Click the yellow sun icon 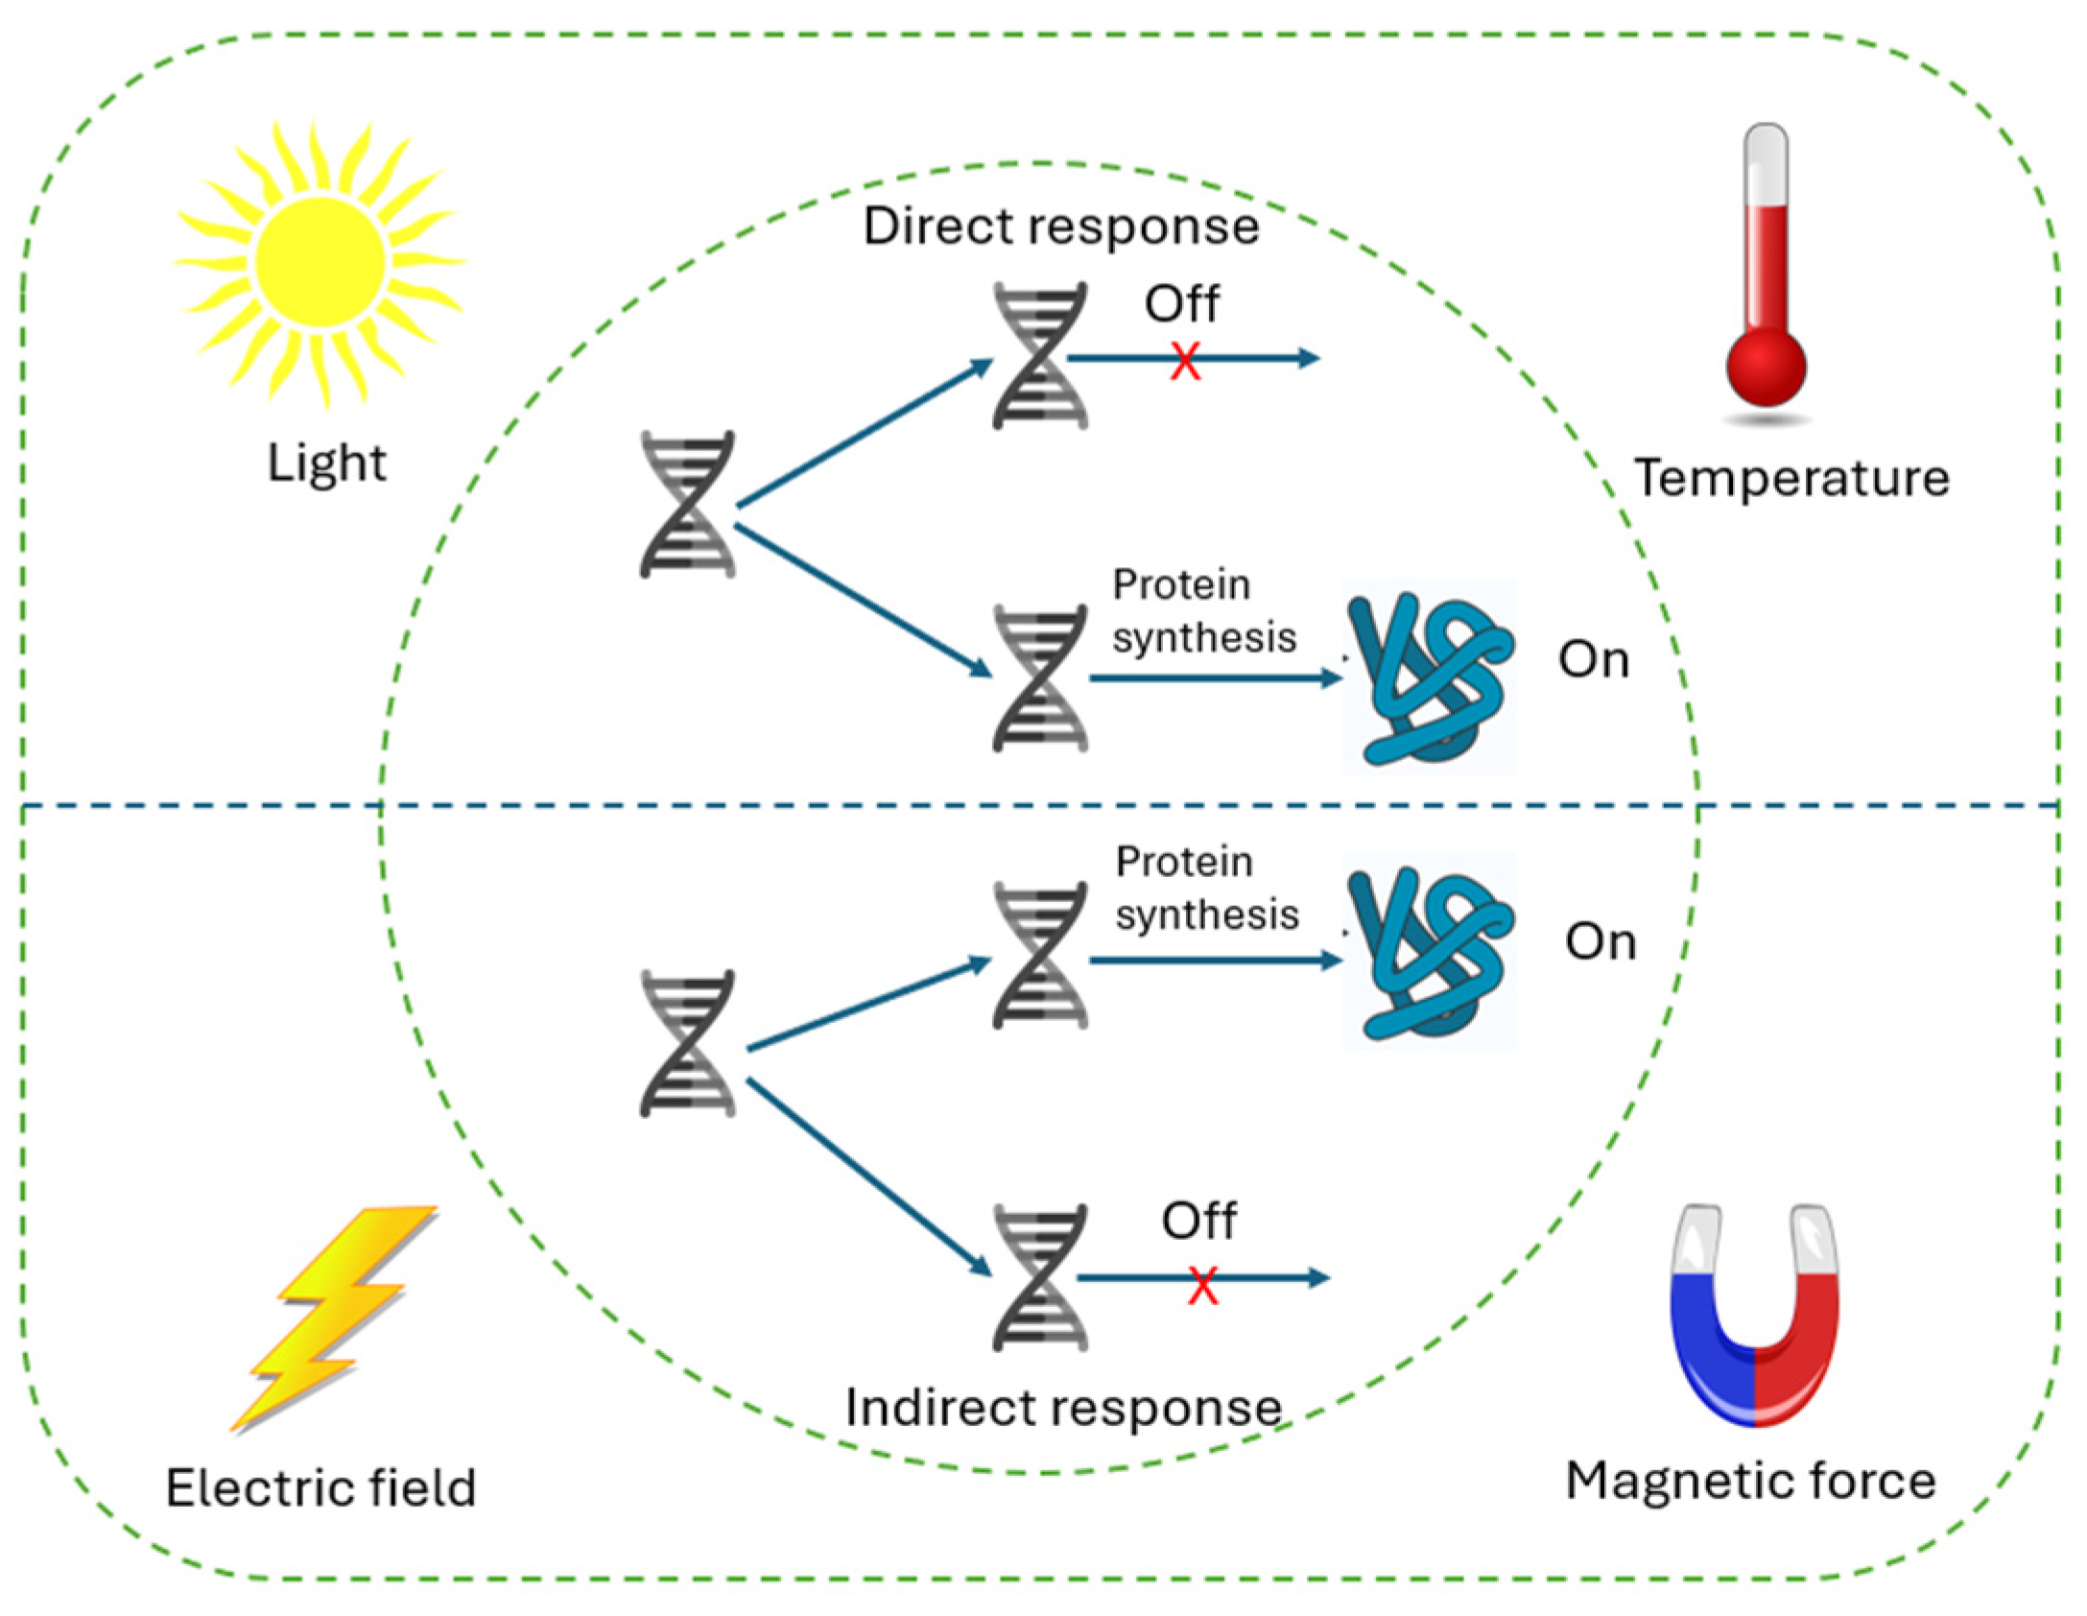coord(320,261)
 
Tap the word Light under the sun coord(326,463)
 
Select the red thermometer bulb coord(1766,367)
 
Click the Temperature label coord(1791,478)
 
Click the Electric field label coord(320,1488)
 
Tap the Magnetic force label coord(1750,1481)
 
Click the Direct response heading coord(1060,226)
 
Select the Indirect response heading coord(1063,1408)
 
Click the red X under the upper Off coord(1185,362)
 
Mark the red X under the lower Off coord(1202,1286)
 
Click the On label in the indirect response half coord(1601,941)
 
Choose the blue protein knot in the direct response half coord(1430,677)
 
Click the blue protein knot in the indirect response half coord(1430,952)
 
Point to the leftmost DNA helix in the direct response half coord(687,505)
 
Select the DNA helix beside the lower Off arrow coord(1040,1278)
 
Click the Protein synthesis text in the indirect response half coord(1206,889)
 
